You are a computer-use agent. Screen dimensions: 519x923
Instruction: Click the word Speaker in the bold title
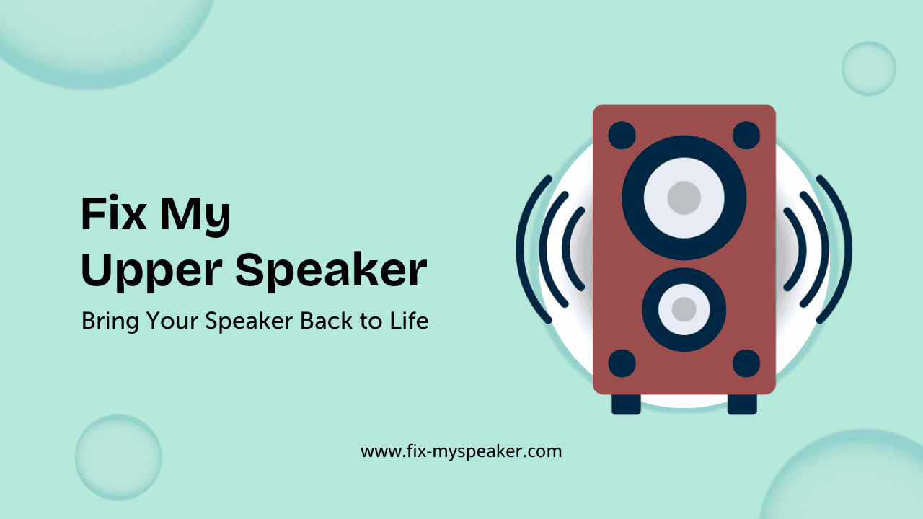pyautogui.click(x=331, y=272)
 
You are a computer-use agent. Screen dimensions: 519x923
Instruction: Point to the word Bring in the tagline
pyautogui.click(x=108, y=321)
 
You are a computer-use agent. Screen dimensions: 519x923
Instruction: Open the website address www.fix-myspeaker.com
pyautogui.click(x=461, y=452)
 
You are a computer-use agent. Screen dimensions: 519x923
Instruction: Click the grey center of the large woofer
pyautogui.click(x=684, y=198)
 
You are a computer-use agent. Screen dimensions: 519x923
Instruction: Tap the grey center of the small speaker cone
pyautogui.click(x=684, y=309)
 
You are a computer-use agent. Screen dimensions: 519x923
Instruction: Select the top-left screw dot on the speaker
pyautogui.click(x=622, y=135)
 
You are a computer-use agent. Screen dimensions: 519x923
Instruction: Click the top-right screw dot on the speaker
pyautogui.click(x=746, y=135)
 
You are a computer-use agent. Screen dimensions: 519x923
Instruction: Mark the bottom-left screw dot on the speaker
pyautogui.click(x=622, y=363)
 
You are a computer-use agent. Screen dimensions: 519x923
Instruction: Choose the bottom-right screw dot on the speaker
pyautogui.click(x=746, y=363)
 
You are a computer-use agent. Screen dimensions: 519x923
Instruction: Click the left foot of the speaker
pyautogui.click(x=626, y=404)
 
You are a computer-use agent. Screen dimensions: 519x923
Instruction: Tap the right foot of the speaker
pyautogui.click(x=742, y=404)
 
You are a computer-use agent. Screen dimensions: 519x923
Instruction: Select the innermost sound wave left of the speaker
pyautogui.click(x=567, y=249)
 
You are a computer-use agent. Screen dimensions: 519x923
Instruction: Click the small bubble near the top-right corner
pyautogui.click(x=868, y=68)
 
